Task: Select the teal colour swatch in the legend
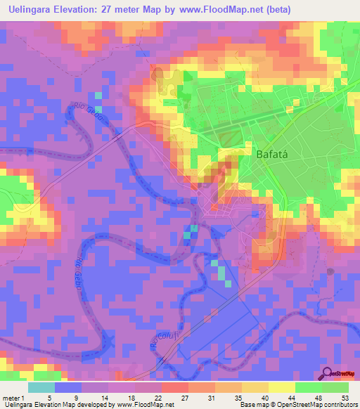(41, 387)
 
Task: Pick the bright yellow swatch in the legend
(282, 387)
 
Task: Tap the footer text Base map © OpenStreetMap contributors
(298, 405)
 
